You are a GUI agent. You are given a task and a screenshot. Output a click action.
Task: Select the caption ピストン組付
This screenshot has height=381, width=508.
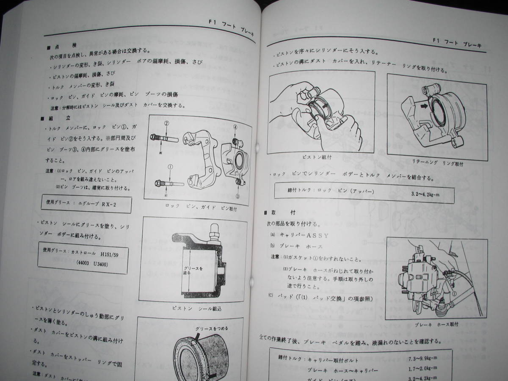point(317,157)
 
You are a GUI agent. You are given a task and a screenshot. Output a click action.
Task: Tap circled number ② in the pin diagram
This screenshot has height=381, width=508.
point(167,124)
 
